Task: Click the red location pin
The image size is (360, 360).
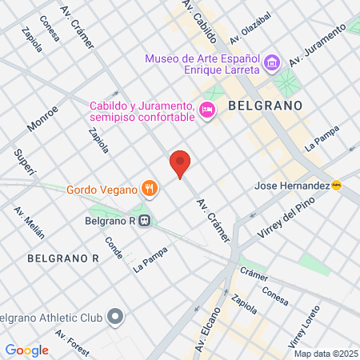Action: [180, 163]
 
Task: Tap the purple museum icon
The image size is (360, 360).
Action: [271, 62]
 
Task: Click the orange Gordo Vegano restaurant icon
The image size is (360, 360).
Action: [149, 189]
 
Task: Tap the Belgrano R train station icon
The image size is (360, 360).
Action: [143, 222]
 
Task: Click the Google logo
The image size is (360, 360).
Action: [27, 350]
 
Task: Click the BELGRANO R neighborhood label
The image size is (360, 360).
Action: [62, 258]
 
